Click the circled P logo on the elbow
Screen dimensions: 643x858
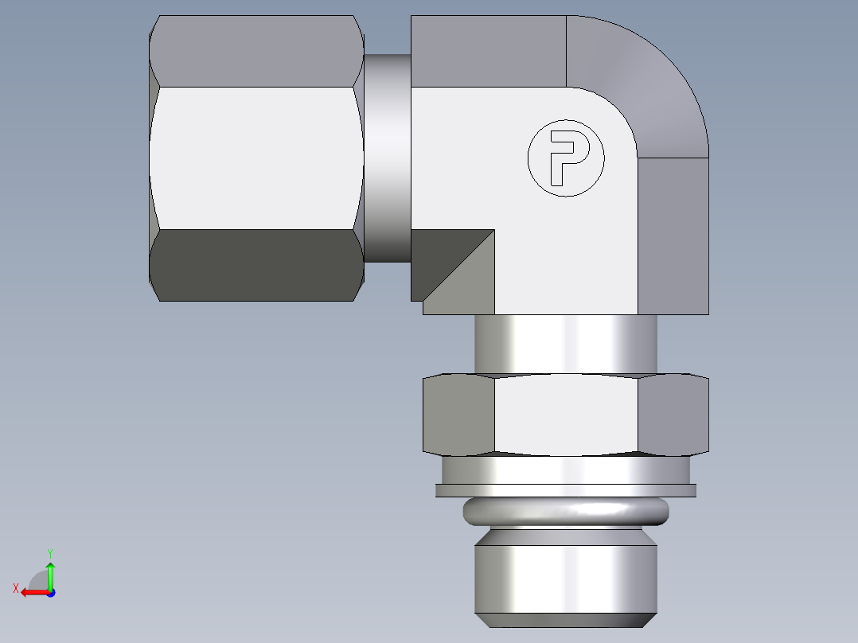pos(566,158)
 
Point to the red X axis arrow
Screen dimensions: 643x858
pos(32,592)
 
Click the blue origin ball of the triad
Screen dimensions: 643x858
pos(50,593)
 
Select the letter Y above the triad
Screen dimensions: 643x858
pos(50,552)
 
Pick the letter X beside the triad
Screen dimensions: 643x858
pos(15,589)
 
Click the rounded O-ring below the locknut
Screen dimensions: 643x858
pos(566,511)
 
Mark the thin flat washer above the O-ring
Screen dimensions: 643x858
pos(566,491)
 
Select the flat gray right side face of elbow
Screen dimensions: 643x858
pos(673,235)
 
